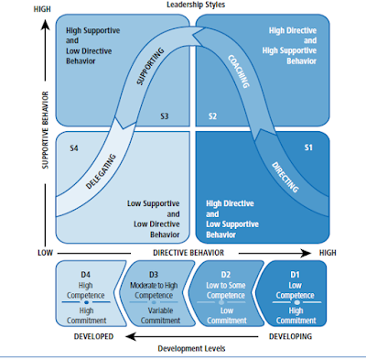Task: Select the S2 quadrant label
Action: tap(212, 116)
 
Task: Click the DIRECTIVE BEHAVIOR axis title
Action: tap(189, 251)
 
